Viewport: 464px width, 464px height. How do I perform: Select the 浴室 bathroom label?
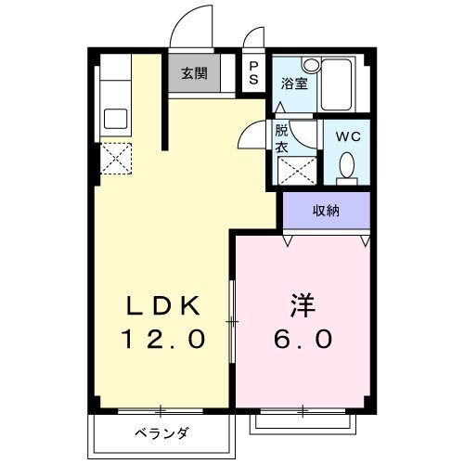(294, 83)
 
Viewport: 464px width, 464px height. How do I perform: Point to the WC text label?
(347, 136)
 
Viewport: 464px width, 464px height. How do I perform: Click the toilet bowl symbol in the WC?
(347, 165)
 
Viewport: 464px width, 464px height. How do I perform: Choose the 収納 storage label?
(326, 211)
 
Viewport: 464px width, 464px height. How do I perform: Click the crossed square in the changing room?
(295, 169)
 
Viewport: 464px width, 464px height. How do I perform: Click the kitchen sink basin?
(117, 118)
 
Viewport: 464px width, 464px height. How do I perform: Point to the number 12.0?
(164, 339)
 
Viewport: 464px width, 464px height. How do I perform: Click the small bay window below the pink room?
(303, 420)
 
